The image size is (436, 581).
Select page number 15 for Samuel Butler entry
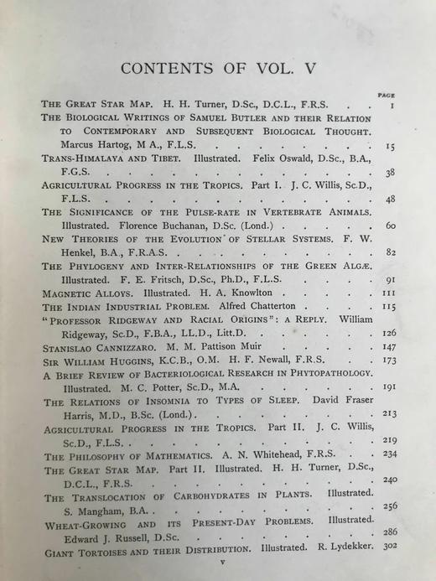[390, 146]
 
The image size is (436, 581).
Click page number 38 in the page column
[390, 173]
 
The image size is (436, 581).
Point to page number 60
[390, 226]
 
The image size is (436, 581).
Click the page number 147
[389, 345]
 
